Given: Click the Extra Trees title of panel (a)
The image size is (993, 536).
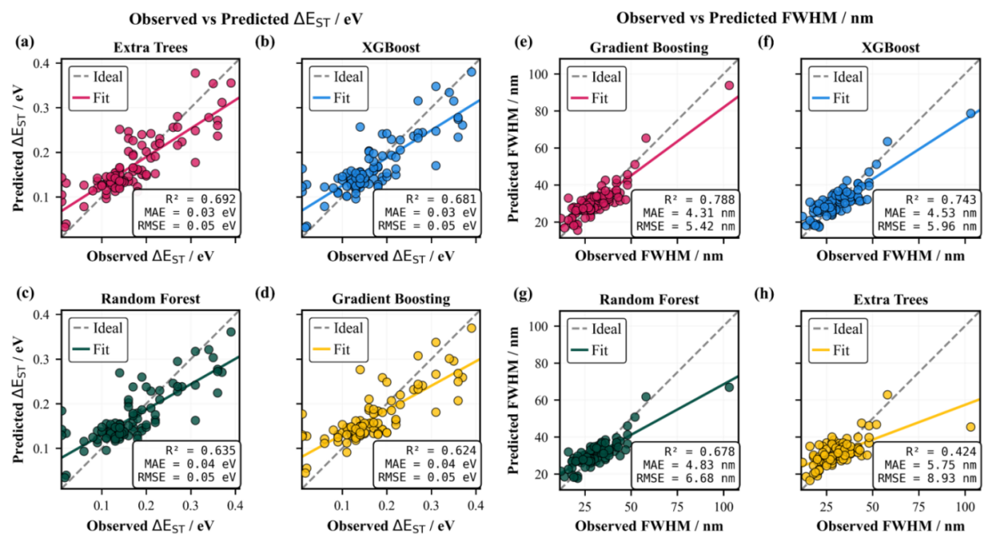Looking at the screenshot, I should pyautogui.click(x=150, y=47).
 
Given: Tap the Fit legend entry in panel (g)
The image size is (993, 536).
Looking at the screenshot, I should pyautogui.click(x=600, y=350).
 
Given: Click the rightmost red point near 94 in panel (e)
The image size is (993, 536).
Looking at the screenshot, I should pyautogui.click(x=728, y=85).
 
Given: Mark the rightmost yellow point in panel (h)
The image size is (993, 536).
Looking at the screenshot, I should pyautogui.click(x=970, y=427).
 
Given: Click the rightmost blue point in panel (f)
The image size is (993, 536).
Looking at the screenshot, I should pyautogui.click(x=970, y=114).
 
